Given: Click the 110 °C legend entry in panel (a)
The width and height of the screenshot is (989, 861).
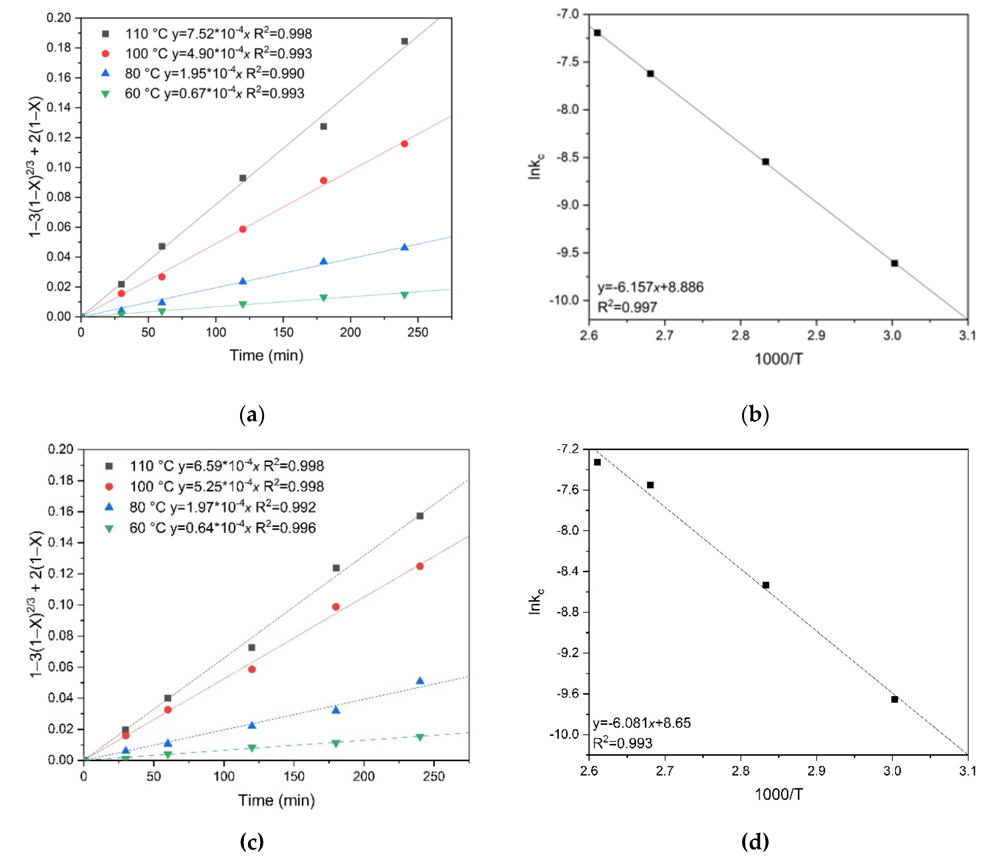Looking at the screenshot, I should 207,34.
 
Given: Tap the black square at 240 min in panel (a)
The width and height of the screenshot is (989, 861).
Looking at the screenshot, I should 404,41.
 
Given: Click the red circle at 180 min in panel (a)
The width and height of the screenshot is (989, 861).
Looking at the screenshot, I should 324,181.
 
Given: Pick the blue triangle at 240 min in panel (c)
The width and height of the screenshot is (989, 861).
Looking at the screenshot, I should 420,681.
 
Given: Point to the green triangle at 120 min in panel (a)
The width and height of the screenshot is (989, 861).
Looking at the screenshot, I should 243,305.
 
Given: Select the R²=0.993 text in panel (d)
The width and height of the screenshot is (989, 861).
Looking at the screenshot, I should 623,743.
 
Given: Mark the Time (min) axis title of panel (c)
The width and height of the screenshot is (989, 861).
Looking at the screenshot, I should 276,800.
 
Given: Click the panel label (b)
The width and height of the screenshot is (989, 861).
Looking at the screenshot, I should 755,414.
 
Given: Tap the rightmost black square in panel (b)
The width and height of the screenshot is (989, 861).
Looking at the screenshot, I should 894,263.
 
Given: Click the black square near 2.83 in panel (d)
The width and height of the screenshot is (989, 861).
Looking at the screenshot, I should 765,585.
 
